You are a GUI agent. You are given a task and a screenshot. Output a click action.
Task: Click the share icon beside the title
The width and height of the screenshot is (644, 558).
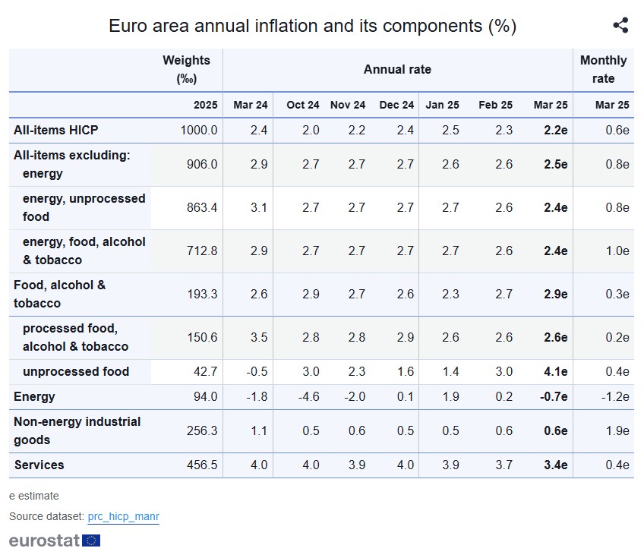click(x=620, y=25)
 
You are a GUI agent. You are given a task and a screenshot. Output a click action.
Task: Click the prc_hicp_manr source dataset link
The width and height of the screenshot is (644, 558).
click(x=123, y=517)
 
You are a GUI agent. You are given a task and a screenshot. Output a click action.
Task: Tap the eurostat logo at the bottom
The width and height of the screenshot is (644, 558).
click(x=54, y=541)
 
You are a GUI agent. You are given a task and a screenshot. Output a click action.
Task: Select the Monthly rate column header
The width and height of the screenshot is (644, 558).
click(x=603, y=69)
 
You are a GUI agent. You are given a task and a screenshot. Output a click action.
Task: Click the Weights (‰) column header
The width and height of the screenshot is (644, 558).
click(x=186, y=69)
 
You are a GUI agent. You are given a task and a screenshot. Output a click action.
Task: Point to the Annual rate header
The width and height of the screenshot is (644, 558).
click(x=397, y=69)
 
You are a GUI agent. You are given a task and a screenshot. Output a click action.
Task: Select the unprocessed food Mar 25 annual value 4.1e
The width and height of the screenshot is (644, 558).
click(x=555, y=372)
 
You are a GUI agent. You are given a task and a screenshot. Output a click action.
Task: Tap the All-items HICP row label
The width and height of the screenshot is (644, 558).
click(x=56, y=130)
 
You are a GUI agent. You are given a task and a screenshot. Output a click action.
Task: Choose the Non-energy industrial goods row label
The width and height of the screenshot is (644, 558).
click(x=77, y=430)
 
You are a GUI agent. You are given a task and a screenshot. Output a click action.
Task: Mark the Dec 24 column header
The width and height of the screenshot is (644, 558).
click(x=396, y=105)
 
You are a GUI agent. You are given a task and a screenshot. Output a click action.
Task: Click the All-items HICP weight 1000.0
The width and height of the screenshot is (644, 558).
click(x=198, y=130)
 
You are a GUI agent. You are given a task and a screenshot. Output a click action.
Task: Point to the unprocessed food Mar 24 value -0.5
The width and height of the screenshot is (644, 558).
click(x=258, y=372)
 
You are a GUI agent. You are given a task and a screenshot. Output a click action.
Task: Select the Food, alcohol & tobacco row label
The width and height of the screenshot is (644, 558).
click(x=59, y=294)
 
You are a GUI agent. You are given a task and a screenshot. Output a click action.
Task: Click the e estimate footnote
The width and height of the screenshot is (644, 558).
click(x=33, y=496)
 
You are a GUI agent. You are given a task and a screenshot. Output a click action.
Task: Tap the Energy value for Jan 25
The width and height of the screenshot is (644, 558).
click(x=450, y=397)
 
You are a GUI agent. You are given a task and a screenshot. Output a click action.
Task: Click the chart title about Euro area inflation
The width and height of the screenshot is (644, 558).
click(x=312, y=26)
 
